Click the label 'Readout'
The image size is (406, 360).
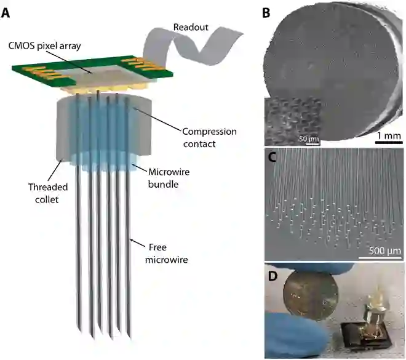[x=191, y=27]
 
